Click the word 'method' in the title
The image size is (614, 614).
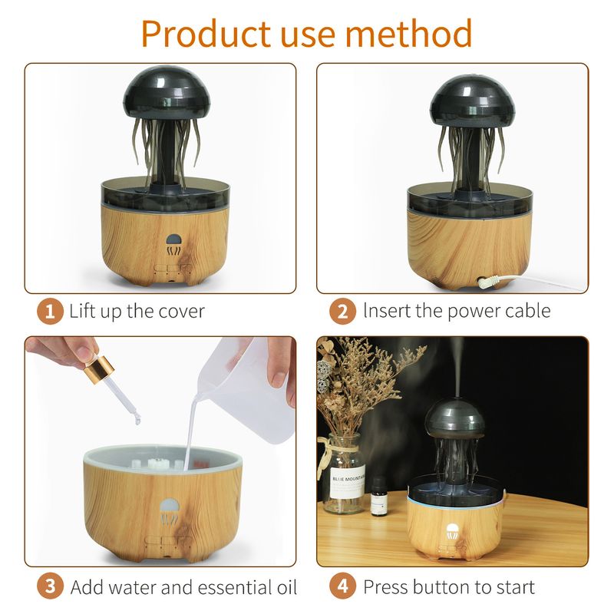click(x=414, y=33)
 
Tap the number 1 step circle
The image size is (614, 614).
click(x=50, y=312)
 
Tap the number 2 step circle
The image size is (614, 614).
click(x=343, y=312)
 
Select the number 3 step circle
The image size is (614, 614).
click(x=50, y=587)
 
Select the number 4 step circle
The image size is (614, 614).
click(x=343, y=587)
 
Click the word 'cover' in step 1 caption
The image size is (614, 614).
click(x=181, y=312)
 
